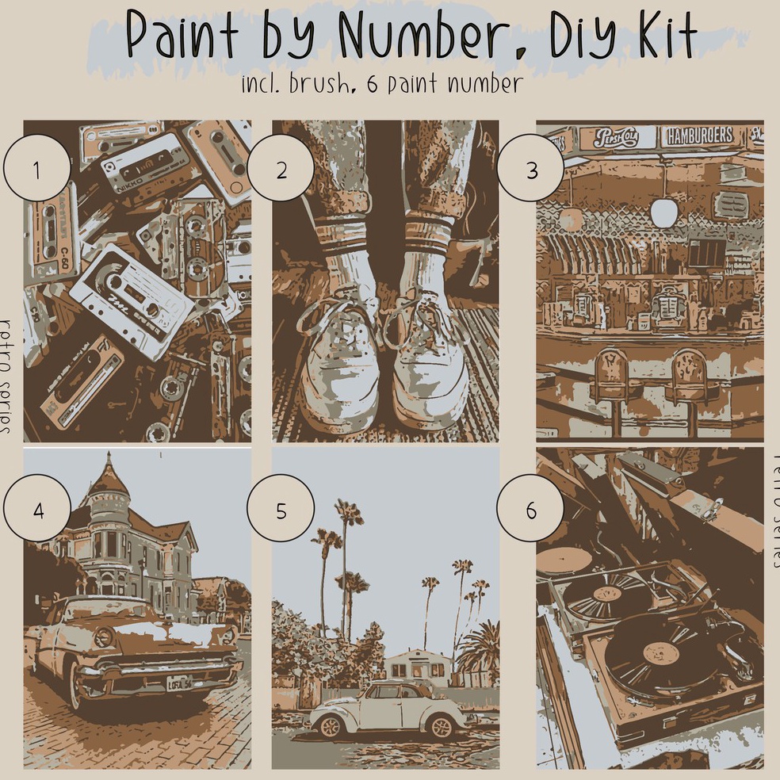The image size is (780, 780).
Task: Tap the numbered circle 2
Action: point(281,170)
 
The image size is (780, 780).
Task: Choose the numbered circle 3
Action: point(530,170)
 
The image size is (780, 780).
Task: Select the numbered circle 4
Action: point(37,510)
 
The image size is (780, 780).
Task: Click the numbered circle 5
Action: point(281,510)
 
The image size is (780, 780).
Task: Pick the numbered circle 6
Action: point(530,510)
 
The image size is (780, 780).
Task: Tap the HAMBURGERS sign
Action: point(700,136)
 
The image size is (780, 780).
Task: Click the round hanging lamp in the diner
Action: point(664,211)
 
